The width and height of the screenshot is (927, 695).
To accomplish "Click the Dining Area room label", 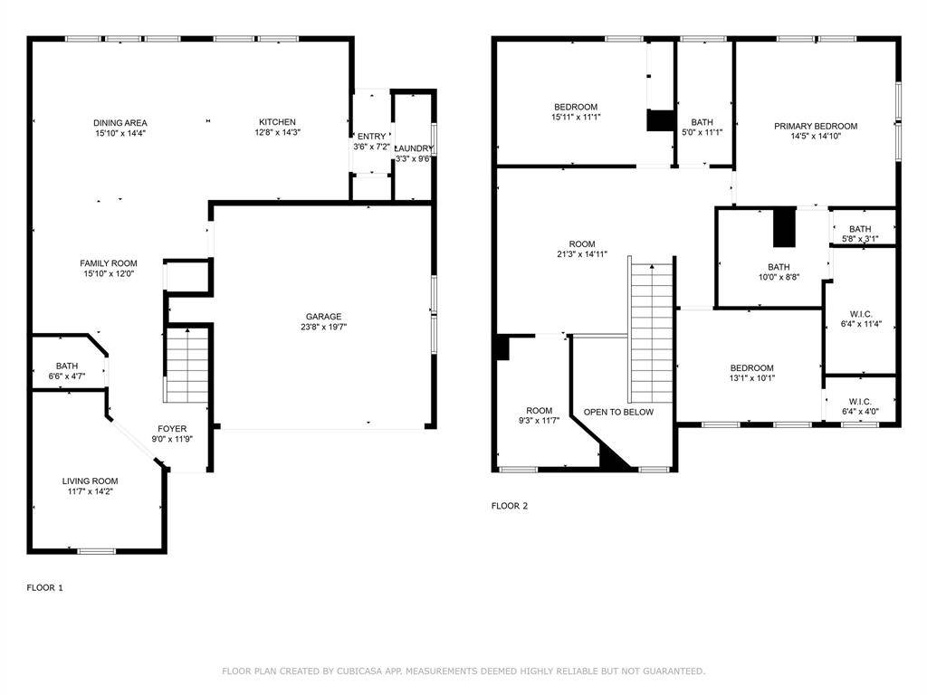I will click(119, 123).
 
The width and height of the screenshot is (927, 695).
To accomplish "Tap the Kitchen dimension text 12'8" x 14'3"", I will click(277, 133).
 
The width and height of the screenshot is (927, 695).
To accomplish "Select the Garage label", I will click(322, 317).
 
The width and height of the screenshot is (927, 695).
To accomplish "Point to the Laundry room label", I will click(415, 148).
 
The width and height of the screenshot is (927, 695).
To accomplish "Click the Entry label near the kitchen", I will click(370, 136).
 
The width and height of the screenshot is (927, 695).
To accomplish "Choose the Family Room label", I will click(109, 263).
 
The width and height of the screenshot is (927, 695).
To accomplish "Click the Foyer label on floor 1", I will click(172, 429).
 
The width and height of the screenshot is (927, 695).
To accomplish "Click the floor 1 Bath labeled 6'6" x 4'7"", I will click(67, 367).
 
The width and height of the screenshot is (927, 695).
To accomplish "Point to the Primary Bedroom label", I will click(815, 127).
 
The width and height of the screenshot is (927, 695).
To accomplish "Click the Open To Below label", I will click(618, 412).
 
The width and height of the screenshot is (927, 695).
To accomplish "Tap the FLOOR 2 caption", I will click(509, 506).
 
